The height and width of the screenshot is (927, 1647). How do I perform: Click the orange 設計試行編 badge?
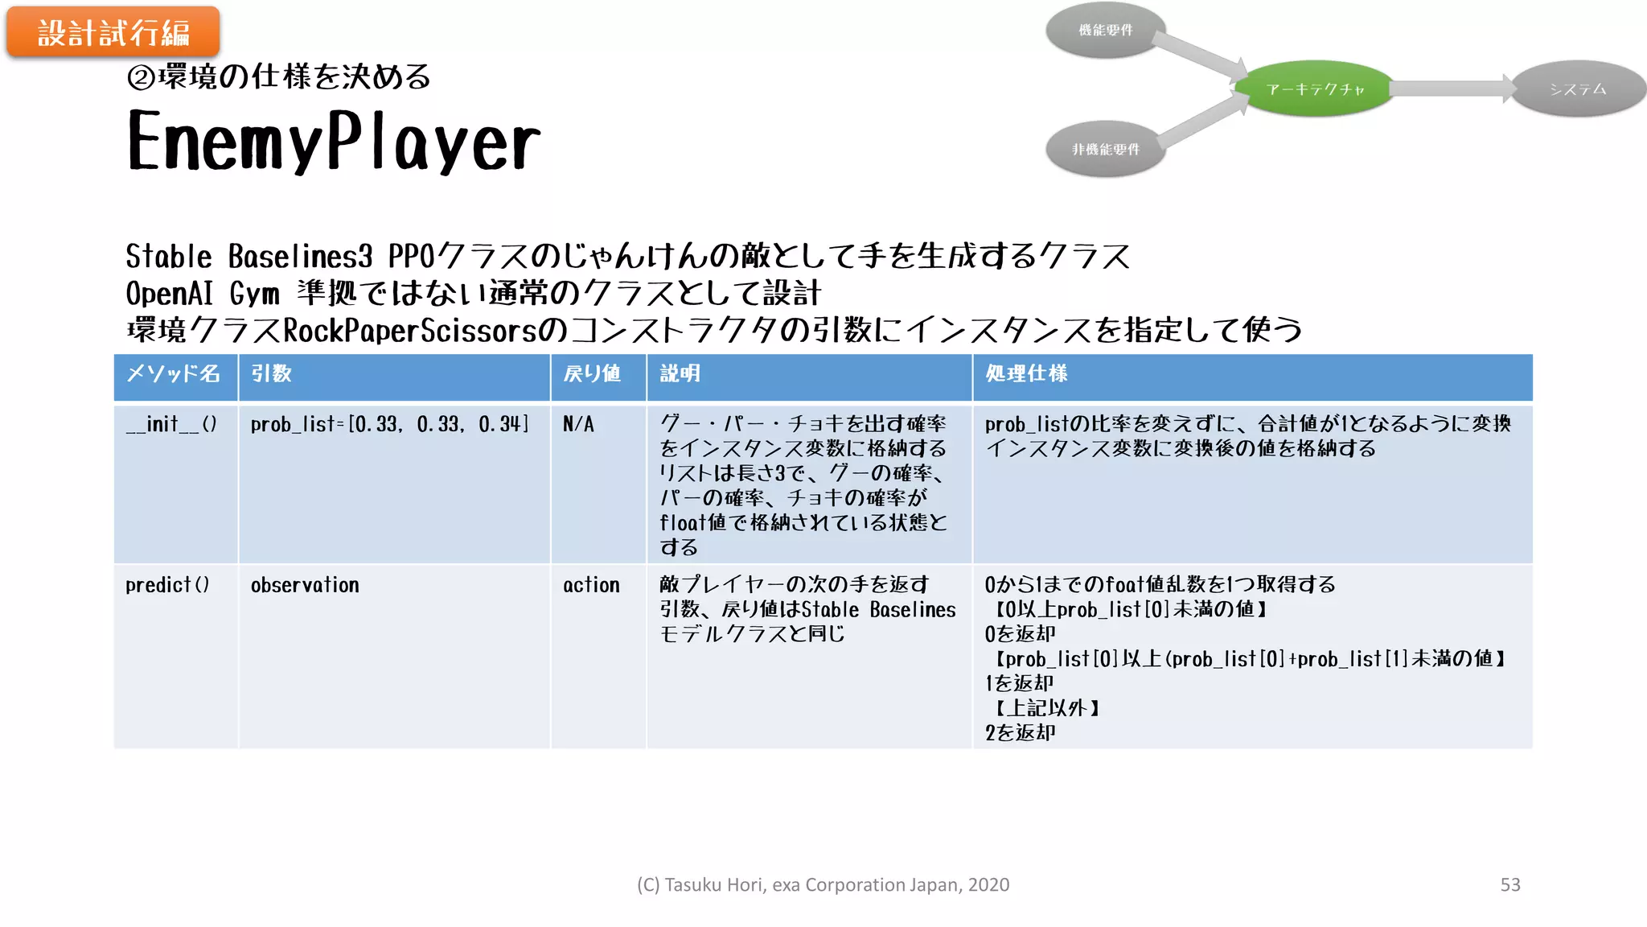113,33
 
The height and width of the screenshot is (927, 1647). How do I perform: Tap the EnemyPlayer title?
334,142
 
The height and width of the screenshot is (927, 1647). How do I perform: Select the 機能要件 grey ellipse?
1106,31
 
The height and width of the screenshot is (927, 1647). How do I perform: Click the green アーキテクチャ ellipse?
1315,89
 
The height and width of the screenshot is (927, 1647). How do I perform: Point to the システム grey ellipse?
1578,89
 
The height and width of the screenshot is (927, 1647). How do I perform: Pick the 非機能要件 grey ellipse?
1106,149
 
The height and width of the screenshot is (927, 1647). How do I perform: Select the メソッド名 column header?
174,374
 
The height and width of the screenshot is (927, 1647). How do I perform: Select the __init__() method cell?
171,424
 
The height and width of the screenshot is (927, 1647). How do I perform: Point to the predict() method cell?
167,585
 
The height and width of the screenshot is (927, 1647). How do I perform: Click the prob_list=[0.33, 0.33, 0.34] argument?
389,424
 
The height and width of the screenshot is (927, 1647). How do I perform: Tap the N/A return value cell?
578,424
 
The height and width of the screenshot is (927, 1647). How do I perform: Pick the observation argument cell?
305,585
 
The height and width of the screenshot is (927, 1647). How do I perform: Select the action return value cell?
591,585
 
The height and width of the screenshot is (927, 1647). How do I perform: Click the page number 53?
1509,884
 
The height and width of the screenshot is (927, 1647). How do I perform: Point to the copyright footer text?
823,884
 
